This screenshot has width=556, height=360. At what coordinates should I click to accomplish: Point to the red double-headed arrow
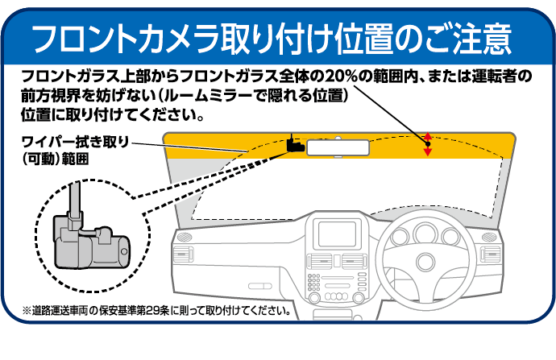(428, 143)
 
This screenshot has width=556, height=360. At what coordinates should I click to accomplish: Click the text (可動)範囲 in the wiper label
(56, 159)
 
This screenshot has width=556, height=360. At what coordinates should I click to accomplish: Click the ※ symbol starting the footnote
(27, 309)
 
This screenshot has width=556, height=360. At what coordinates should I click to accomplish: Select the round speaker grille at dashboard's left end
(183, 238)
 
